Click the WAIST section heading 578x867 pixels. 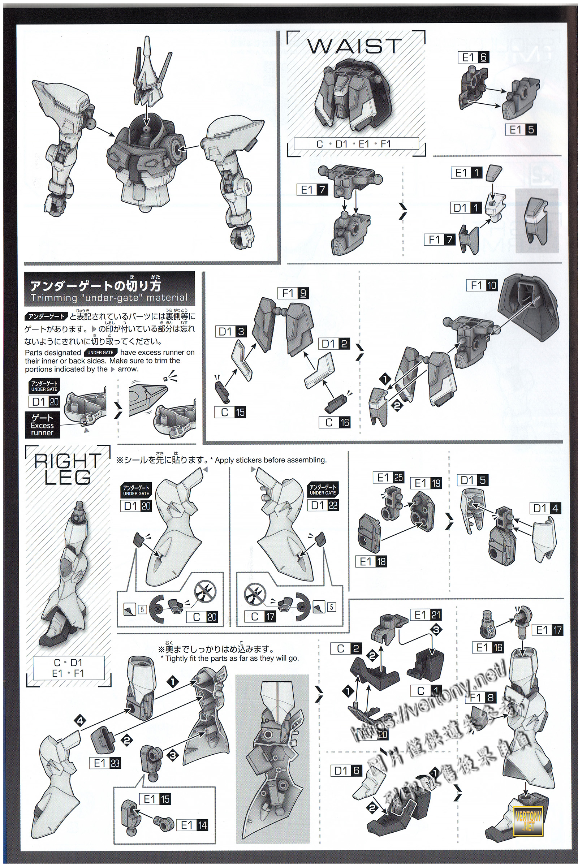(354, 46)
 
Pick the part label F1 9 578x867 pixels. (293, 293)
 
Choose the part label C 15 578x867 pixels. (230, 412)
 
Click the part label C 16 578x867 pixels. (335, 422)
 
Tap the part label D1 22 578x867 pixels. (323, 505)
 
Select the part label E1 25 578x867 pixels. (388, 478)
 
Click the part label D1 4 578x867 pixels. (545, 509)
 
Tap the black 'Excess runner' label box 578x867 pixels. (42, 425)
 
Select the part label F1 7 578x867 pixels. (440, 240)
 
